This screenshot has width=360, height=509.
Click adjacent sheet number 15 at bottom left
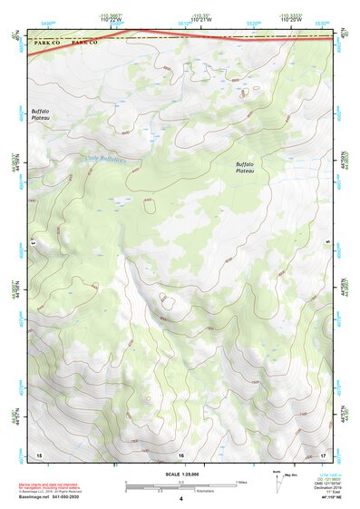(38, 454)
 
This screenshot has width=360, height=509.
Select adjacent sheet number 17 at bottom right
(323, 454)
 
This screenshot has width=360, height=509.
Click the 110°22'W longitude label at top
(112, 19)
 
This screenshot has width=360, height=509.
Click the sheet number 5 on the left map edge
(33, 242)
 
